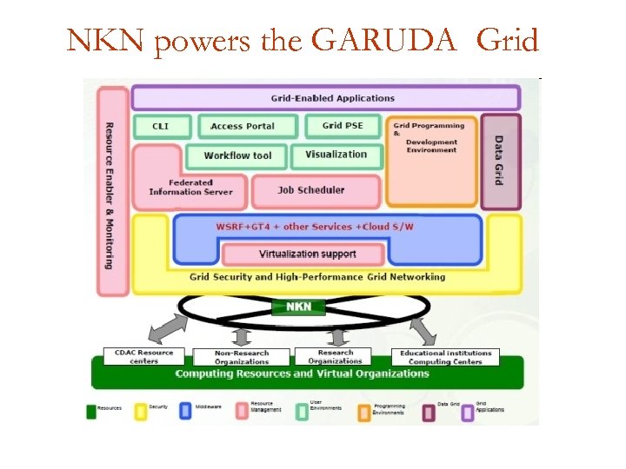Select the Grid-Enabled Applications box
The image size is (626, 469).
click(x=325, y=97)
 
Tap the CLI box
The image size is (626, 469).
click(x=161, y=126)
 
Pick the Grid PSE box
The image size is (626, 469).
click(x=343, y=125)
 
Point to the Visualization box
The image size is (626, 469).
click(x=336, y=155)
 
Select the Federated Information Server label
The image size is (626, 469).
click(x=190, y=188)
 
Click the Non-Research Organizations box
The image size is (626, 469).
click(x=242, y=357)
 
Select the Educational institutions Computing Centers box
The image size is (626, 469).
click(x=445, y=357)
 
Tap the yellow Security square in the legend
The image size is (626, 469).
click(x=139, y=411)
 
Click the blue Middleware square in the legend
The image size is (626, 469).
click(x=185, y=411)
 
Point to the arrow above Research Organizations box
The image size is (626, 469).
click(x=334, y=336)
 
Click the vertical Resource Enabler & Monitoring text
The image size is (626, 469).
click(x=109, y=195)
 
